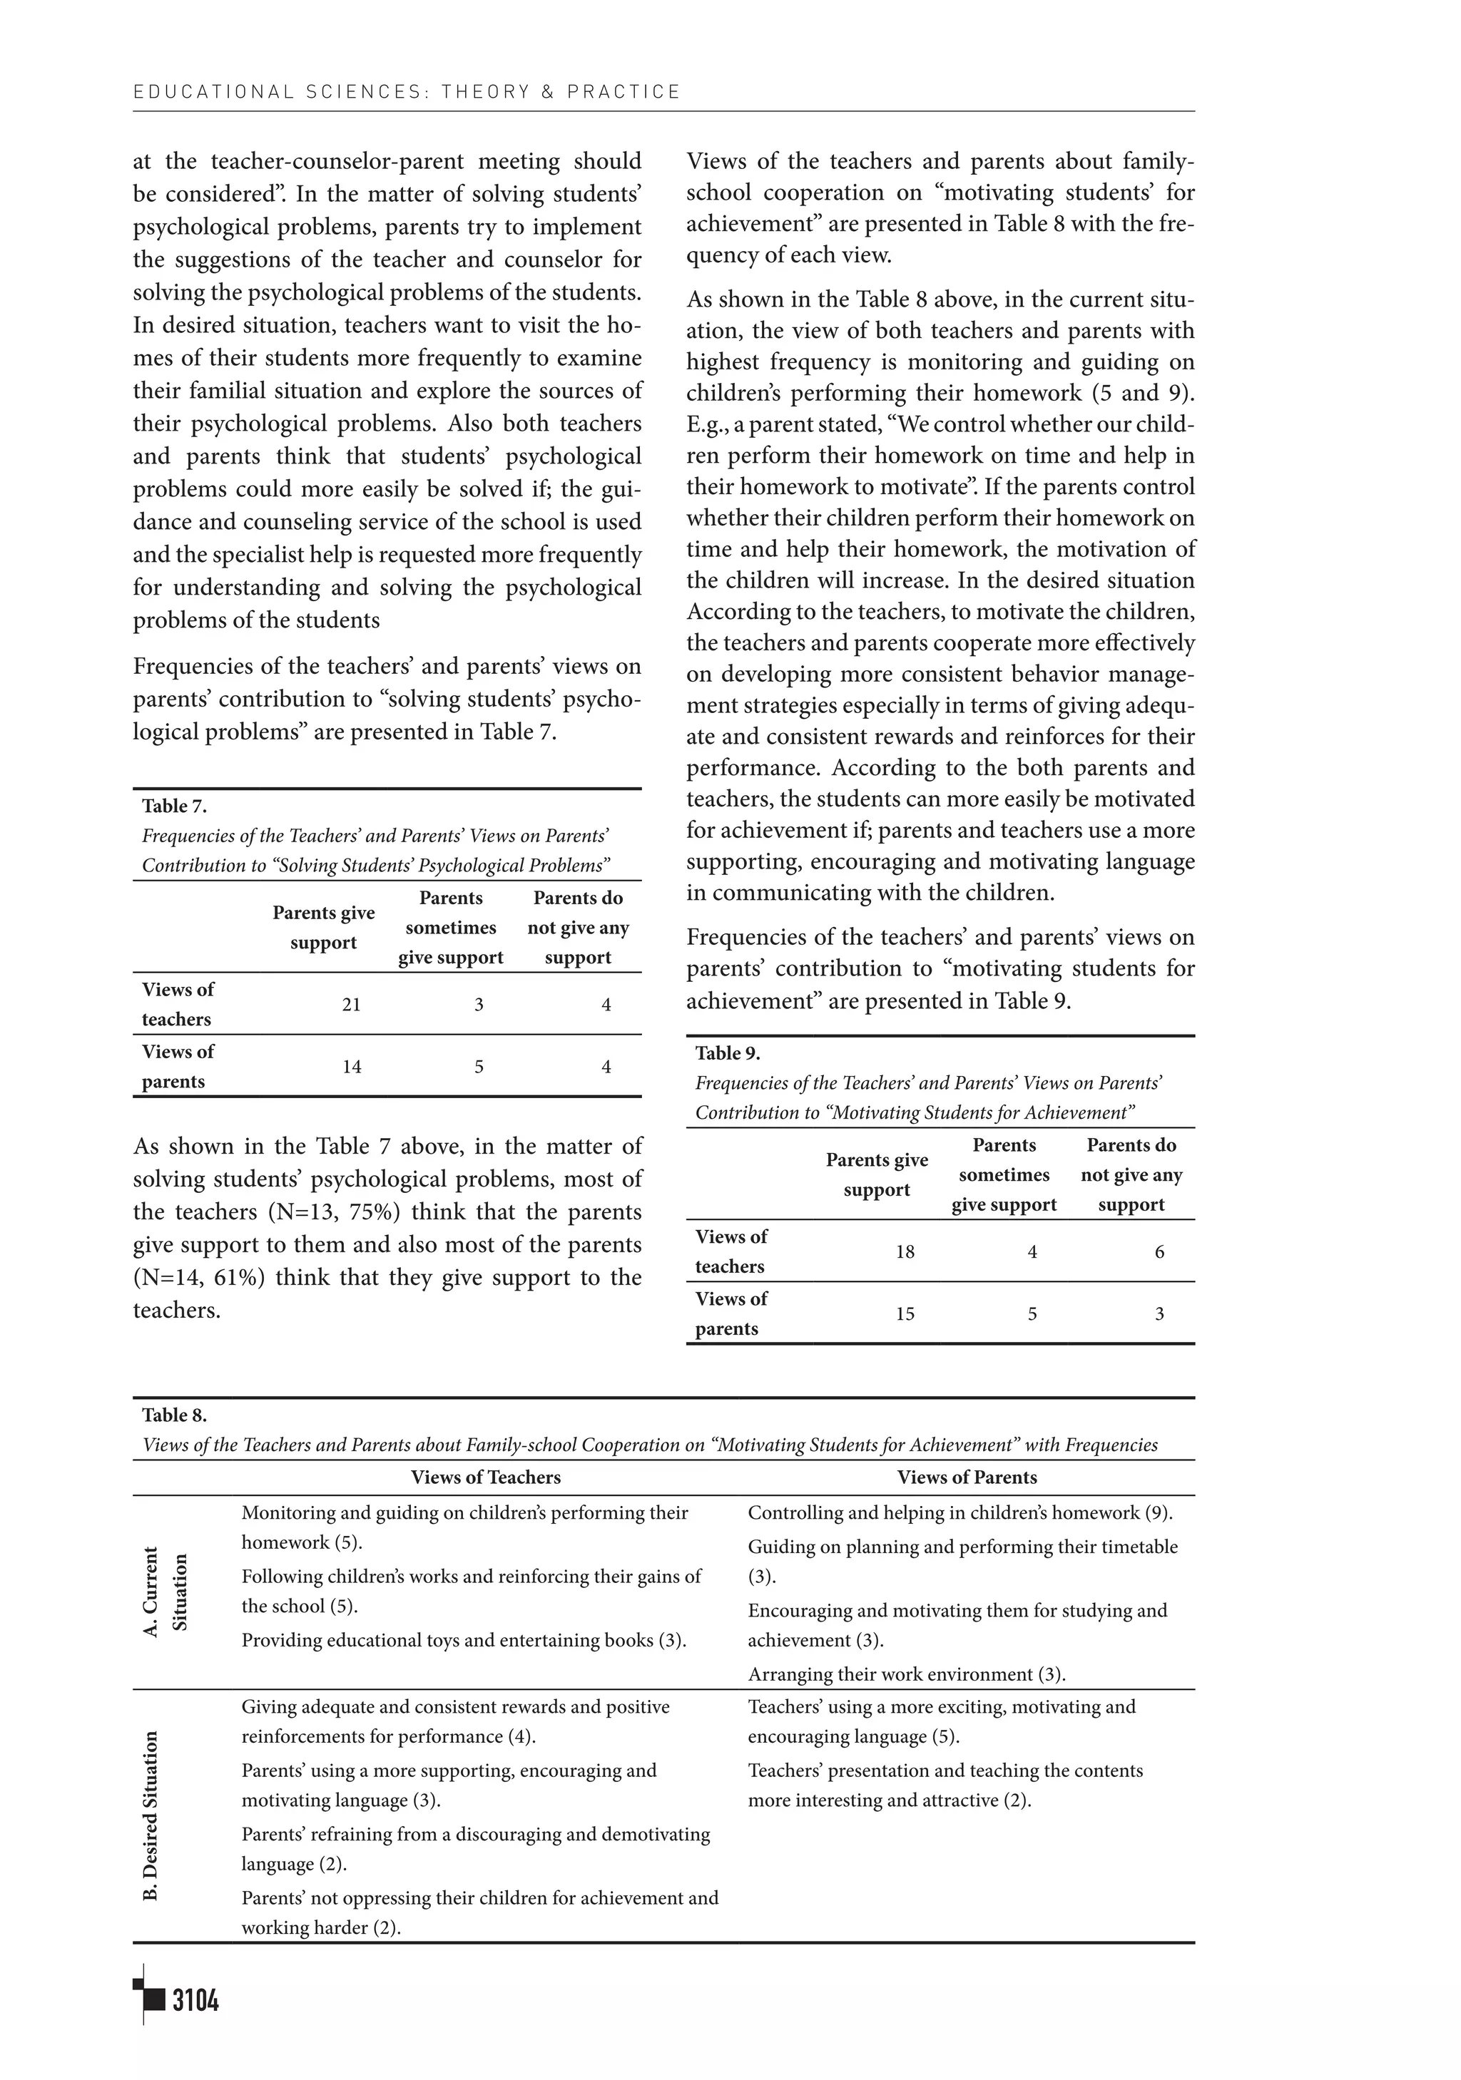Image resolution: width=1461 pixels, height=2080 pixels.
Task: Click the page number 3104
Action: tap(195, 1999)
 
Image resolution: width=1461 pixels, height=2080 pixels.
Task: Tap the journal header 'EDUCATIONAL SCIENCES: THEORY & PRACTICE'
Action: tap(406, 91)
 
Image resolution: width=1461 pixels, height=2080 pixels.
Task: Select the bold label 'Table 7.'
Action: tap(174, 805)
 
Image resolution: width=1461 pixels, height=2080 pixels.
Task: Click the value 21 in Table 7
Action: tap(352, 1004)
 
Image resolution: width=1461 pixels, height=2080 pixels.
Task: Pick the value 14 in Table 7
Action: tap(352, 1066)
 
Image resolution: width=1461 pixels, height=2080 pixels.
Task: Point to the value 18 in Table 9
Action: tap(905, 1251)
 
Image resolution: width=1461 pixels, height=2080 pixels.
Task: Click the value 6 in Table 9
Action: tap(1159, 1251)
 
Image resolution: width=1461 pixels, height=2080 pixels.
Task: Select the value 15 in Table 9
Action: tap(905, 1313)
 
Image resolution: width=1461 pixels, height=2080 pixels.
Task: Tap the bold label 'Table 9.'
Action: tap(727, 1052)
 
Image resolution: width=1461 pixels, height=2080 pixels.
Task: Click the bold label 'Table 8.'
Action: tap(174, 1414)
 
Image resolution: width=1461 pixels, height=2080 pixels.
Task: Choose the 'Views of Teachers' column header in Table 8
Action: tap(486, 1477)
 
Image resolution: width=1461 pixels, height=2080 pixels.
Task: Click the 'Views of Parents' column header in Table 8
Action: tap(967, 1477)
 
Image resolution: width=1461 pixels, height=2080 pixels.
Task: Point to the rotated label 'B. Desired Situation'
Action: tap(151, 1815)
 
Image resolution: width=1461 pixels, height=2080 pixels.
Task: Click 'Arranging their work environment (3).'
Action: tap(906, 1674)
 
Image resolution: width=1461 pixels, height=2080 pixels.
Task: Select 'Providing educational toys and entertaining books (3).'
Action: tap(463, 1640)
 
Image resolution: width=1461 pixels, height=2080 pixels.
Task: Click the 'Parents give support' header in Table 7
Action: tap(324, 927)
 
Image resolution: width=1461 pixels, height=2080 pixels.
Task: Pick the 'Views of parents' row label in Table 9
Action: tap(730, 1313)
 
